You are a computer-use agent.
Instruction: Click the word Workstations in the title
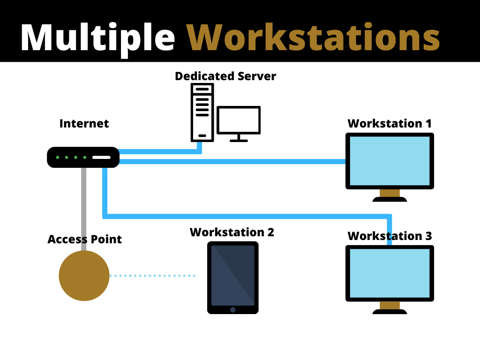point(313,37)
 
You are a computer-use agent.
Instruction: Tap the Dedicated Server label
point(225,76)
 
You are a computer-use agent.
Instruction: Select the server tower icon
point(202,112)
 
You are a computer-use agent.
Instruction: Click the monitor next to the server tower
point(239,121)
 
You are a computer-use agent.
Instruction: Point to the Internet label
point(84,124)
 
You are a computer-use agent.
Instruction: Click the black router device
point(83,157)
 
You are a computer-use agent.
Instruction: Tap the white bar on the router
point(101,157)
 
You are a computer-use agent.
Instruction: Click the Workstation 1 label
point(390,124)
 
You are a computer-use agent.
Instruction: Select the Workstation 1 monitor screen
point(390,160)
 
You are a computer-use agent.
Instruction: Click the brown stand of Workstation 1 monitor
point(390,193)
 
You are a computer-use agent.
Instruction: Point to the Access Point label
point(84,240)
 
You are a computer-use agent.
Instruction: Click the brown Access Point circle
point(84,276)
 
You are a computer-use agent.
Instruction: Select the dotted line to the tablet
point(152,276)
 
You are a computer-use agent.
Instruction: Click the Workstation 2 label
point(232,232)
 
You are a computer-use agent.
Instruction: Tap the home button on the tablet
point(233,309)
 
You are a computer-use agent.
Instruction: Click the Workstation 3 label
point(390,236)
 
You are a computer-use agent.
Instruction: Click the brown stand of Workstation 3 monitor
point(390,305)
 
